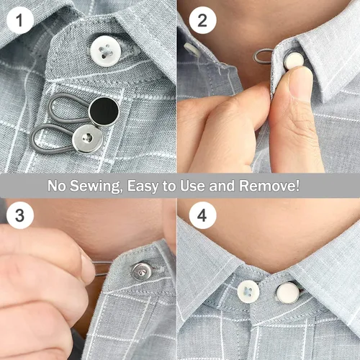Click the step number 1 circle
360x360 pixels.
click(x=20, y=21)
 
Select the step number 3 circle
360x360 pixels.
click(x=20, y=215)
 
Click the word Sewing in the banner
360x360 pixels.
click(x=95, y=186)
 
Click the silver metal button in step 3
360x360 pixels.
click(x=141, y=270)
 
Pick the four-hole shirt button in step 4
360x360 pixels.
click(x=248, y=292)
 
